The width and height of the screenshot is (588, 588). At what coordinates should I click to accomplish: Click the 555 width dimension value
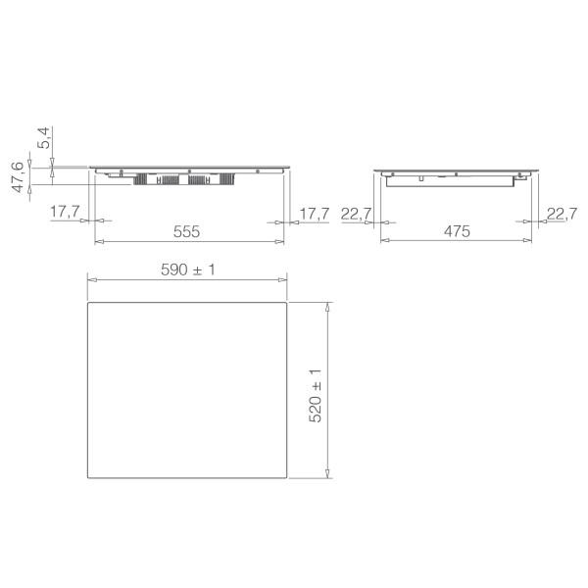[x=187, y=232]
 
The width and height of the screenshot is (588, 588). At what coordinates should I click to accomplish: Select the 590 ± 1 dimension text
[x=187, y=269]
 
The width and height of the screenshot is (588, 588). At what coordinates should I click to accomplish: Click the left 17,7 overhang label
[x=65, y=213]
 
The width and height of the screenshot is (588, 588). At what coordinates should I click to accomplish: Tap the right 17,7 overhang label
[x=314, y=213]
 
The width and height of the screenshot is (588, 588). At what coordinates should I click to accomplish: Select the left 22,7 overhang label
[x=357, y=213]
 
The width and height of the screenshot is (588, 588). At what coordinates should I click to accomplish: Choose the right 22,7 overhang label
[x=562, y=213]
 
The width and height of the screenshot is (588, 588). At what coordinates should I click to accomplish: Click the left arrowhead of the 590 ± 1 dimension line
[x=91, y=280]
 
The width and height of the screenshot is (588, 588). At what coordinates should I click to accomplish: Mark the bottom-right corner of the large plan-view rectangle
[x=287, y=478]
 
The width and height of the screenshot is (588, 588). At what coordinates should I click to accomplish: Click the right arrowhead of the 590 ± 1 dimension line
[x=284, y=280]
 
